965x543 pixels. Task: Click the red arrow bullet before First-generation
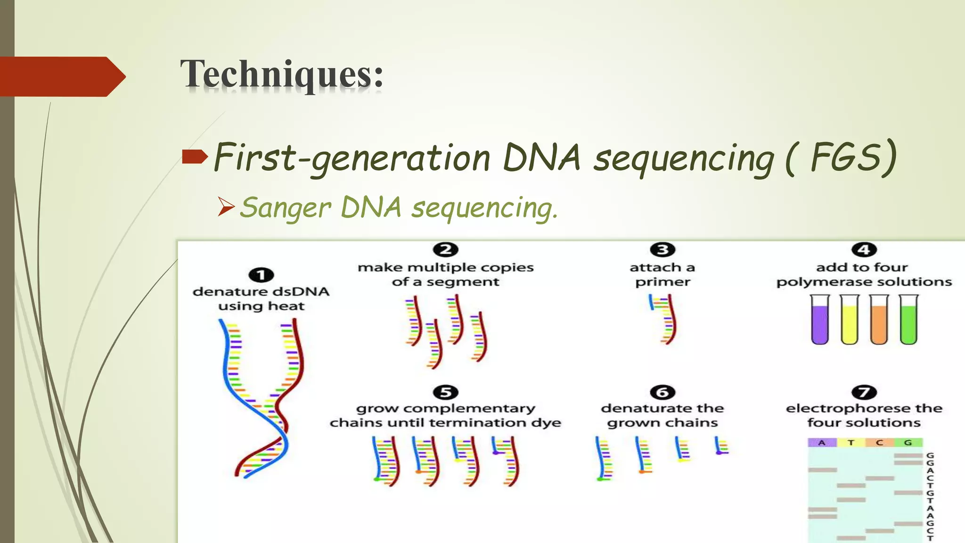point(195,156)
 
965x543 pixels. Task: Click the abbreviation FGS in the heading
point(846,157)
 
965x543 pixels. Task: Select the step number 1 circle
point(261,275)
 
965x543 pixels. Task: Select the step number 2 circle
point(445,250)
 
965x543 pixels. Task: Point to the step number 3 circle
point(662,250)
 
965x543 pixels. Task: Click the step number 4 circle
point(864,250)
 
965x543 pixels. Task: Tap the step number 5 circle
point(445,392)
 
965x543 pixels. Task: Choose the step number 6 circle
point(662,392)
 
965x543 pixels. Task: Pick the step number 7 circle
point(864,392)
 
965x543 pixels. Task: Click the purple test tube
point(820,321)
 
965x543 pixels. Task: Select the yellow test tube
point(850,321)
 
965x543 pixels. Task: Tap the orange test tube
point(879,321)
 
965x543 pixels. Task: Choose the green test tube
point(908,321)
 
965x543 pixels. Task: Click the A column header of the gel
point(822,443)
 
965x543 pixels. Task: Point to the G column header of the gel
point(908,443)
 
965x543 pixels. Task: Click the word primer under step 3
point(662,282)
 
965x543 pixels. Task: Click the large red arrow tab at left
point(61,76)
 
